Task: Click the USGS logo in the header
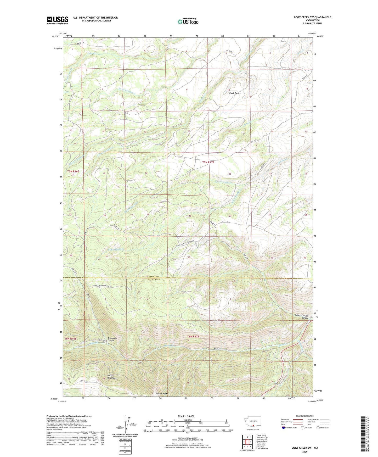(58, 20)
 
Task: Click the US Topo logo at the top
(188, 21)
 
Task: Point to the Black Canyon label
(235, 93)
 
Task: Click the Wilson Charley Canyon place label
(301, 317)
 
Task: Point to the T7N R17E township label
(208, 163)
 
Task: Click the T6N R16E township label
(70, 339)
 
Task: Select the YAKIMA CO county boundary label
(154, 277)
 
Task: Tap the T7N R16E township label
(73, 171)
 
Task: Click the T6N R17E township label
(193, 336)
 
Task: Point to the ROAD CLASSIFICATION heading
(305, 416)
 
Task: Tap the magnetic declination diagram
(127, 427)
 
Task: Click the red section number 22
(230, 174)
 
